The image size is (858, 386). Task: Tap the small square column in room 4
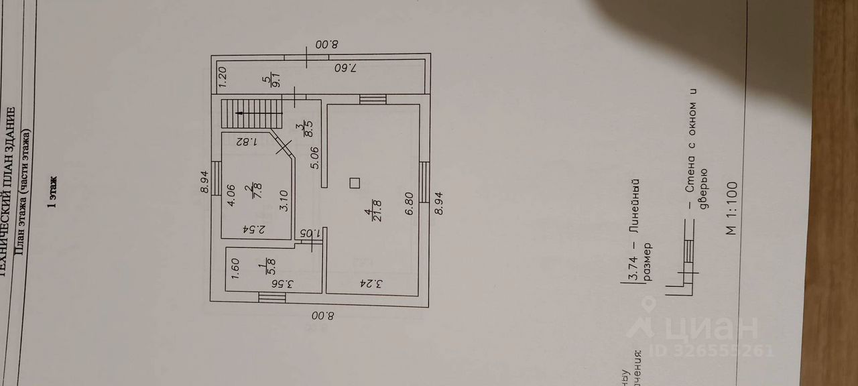point(355,182)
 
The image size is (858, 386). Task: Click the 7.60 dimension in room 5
point(347,68)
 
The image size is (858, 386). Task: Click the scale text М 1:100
point(730,208)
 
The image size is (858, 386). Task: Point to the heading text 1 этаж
point(53,194)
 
